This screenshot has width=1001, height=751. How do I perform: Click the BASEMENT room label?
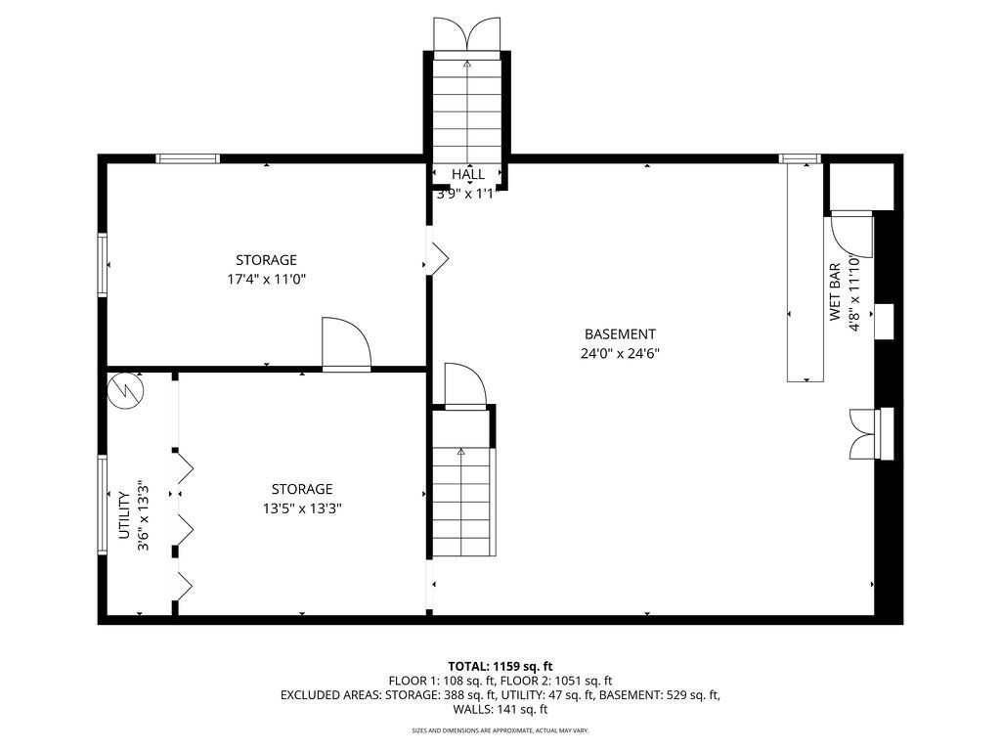[620, 334]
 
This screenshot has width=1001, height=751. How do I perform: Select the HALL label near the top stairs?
[468, 174]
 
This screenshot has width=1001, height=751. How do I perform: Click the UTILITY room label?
[124, 514]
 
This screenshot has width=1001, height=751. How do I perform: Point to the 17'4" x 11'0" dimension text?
[266, 279]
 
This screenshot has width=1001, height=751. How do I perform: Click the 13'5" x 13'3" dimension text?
[302, 508]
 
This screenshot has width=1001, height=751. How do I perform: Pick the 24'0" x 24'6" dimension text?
[620, 353]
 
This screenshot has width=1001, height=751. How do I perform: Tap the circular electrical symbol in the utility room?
[126, 390]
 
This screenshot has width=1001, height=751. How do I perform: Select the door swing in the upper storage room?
[346, 343]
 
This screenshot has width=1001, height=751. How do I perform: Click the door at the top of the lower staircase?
[465, 385]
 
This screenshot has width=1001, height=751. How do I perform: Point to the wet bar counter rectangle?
[805, 272]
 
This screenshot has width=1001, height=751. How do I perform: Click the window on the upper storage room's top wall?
[188, 158]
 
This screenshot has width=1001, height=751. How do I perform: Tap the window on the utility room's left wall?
[102, 505]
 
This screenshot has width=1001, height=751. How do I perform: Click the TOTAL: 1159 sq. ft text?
[500, 667]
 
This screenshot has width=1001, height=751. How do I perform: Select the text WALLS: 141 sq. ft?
[500, 709]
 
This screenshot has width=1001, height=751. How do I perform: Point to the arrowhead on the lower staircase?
[460, 452]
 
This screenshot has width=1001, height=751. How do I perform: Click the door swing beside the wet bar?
[850, 236]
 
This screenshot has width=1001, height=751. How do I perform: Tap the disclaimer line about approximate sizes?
[500, 729]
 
